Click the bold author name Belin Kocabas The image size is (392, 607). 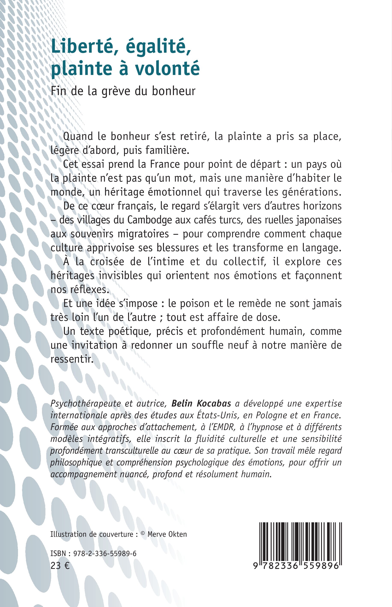(x=201, y=403)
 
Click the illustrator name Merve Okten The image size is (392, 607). (x=167, y=534)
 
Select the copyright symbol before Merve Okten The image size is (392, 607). (x=142, y=533)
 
